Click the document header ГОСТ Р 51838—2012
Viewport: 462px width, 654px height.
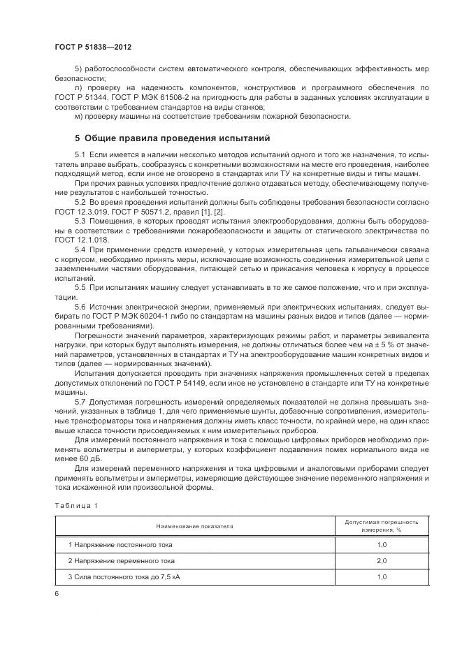[92, 46]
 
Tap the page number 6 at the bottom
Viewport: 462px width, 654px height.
[57, 593]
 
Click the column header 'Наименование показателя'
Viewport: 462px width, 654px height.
[195, 524]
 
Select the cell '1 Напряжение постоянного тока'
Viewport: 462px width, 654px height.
[120, 544]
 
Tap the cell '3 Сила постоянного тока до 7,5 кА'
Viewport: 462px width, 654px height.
[126, 577]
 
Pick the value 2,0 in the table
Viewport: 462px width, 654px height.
[382, 560]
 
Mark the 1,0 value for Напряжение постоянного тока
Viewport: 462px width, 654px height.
[382, 544]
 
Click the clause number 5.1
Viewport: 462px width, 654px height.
[80, 152]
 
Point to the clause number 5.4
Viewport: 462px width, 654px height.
[80, 249]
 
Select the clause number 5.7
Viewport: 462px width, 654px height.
[80, 402]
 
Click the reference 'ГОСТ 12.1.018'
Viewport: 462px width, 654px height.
[80, 239]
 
